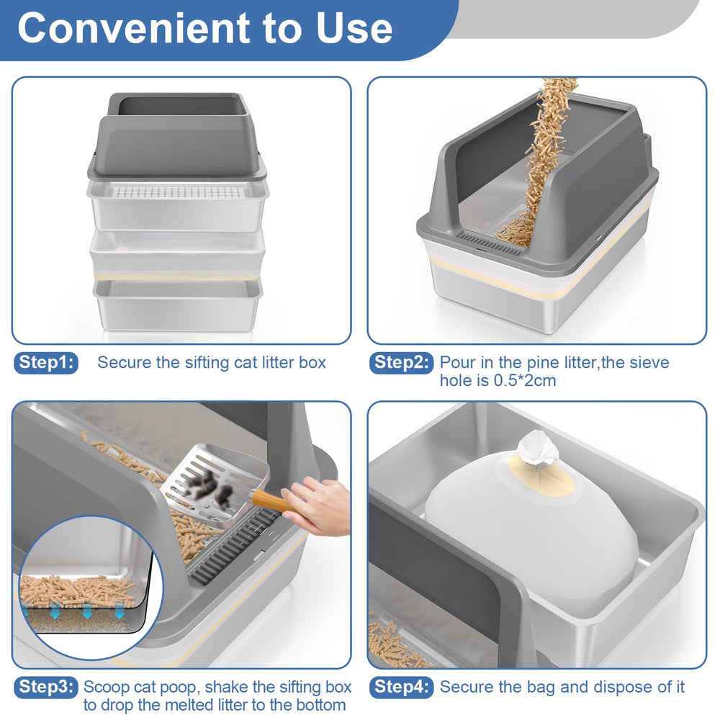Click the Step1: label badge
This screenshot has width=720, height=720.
(x=46, y=363)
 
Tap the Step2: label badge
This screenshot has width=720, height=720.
(x=401, y=363)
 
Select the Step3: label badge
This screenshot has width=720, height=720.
(x=46, y=688)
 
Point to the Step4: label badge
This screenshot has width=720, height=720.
(x=401, y=688)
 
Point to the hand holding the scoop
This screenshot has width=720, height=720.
(x=318, y=506)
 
